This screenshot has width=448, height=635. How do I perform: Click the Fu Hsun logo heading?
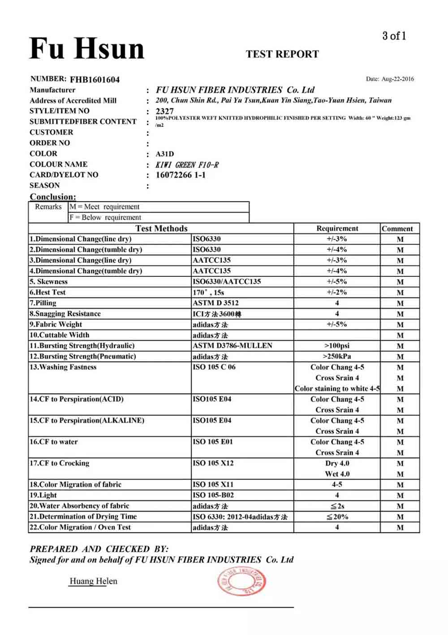click(x=87, y=48)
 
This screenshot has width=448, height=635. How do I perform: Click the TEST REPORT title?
click(x=282, y=54)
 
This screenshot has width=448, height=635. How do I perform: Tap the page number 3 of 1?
click(x=394, y=36)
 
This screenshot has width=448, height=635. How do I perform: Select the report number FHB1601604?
click(x=95, y=80)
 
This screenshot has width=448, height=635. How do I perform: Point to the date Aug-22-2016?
click(x=397, y=79)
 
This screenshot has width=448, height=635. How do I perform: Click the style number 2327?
click(x=164, y=111)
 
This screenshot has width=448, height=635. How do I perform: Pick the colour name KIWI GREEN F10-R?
click(x=187, y=165)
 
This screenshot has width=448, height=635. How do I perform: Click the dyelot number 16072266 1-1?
click(x=181, y=175)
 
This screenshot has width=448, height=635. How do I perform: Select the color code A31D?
click(x=164, y=154)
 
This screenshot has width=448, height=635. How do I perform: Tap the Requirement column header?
click(x=337, y=228)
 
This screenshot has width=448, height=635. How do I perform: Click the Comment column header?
click(x=397, y=228)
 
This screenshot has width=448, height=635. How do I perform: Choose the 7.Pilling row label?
click(x=43, y=303)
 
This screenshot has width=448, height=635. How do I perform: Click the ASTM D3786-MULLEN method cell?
click(x=232, y=346)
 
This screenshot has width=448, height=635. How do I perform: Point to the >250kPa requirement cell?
click(x=337, y=356)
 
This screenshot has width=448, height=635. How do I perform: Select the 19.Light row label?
click(x=43, y=495)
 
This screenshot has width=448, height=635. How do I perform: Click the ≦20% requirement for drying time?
click(x=337, y=517)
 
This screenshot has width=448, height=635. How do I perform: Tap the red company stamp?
click(x=241, y=582)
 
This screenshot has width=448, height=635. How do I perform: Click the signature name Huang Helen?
click(x=93, y=581)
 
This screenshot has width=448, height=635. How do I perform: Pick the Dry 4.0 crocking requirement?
click(x=337, y=463)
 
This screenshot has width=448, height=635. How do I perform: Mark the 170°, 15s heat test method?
click(x=208, y=292)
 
